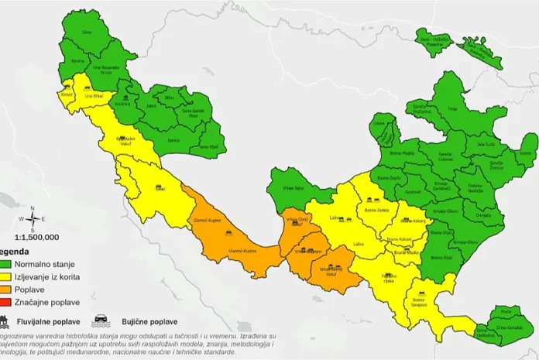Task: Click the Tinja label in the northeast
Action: coord(472,110)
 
